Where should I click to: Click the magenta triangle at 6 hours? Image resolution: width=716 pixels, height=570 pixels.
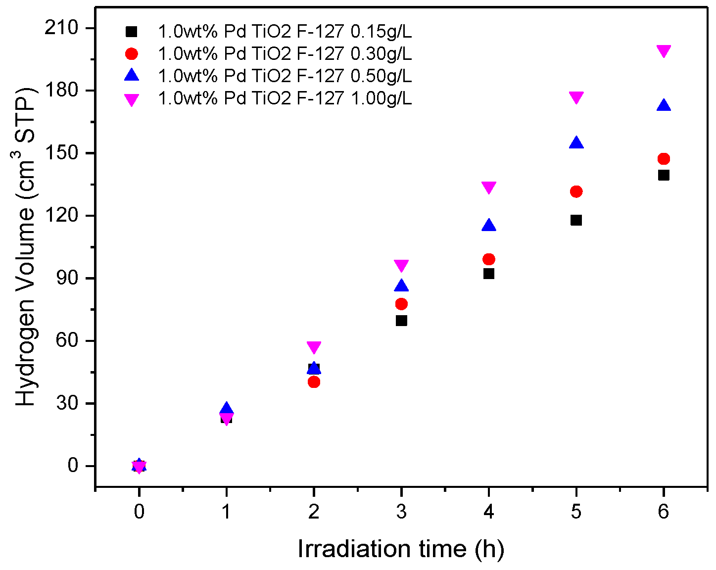pos(664,51)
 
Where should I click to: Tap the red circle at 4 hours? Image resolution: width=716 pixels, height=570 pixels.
pos(489,259)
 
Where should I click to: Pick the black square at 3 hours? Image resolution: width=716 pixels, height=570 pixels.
pos(401,321)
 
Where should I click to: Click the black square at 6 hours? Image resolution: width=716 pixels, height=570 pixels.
pos(664,175)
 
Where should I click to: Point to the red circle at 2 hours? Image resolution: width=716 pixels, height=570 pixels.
pos(314,382)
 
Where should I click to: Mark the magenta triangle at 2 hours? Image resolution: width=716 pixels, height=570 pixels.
pos(314,347)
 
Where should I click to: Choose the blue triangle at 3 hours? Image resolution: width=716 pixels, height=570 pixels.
pos(401,286)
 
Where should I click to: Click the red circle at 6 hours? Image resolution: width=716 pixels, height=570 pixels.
pos(664,159)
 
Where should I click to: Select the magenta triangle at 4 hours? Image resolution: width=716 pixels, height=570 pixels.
pos(489,188)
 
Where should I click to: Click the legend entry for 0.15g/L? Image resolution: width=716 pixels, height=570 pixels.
pos(285,32)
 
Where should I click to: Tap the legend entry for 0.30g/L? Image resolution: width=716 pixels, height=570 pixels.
pos(285,53)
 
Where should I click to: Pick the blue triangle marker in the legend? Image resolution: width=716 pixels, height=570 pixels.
pos(132,75)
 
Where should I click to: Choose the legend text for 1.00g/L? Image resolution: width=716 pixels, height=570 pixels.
pos(285,98)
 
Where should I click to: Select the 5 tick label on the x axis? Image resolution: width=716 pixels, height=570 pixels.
pos(576,512)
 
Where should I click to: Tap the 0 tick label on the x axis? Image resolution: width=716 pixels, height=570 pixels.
pos(139,512)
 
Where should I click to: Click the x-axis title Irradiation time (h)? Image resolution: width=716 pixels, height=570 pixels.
pos(401,549)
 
